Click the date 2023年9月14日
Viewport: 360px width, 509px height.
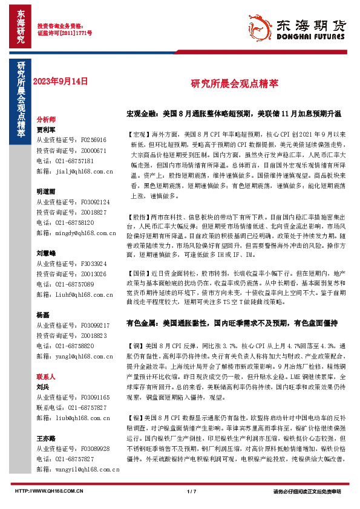coord(60,80)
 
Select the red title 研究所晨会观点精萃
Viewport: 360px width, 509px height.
coord(227,83)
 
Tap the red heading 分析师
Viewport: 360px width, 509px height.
coord(46,120)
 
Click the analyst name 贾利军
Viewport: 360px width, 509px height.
coord(46,129)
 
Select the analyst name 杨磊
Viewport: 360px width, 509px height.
coord(43,315)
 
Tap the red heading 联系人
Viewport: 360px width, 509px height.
coord(46,375)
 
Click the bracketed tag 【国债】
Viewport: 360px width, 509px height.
coord(139,274)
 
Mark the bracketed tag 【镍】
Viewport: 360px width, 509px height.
coord(136,401)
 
